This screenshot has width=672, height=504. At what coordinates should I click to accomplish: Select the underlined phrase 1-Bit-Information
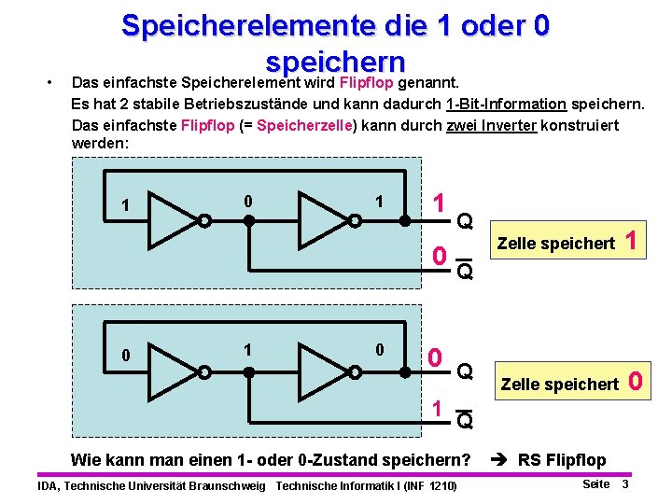coord(505,103)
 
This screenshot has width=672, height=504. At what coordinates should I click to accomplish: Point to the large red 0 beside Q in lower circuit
coord(435,358)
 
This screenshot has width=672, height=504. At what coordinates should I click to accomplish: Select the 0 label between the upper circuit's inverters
coord(246,201)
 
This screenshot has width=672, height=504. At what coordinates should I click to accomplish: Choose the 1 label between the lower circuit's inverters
coord(246,349)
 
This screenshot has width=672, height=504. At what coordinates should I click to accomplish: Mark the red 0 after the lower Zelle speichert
coord(636,381)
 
